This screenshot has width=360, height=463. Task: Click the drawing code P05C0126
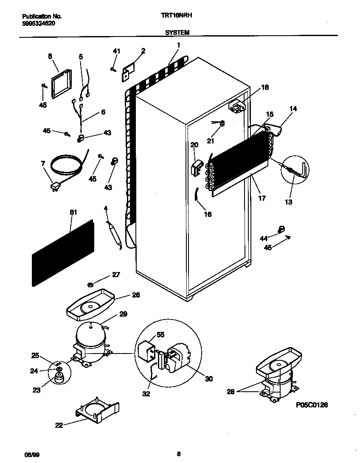(312, 405)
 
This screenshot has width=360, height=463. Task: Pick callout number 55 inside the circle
(160, 334)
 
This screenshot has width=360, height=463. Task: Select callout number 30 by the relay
(208, 379)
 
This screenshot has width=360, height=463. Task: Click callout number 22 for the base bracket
(59, 425)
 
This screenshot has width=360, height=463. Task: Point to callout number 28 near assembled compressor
(231, 391)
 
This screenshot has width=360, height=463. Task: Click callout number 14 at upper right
(293, 109)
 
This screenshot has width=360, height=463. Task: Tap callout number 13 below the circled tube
(289, 202)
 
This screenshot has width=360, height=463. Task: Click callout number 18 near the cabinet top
(265, 87)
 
